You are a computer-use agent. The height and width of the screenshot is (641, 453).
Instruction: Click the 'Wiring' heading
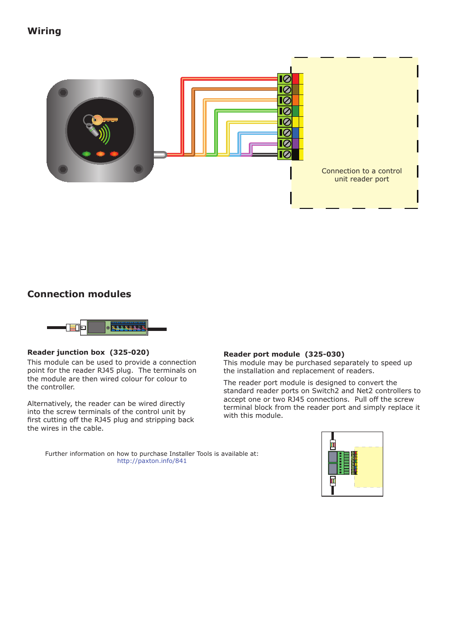click(44, 31)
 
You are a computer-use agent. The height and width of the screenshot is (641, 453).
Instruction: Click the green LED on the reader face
click(86, 154)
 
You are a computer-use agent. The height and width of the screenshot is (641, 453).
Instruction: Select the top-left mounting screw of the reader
click(63, 93)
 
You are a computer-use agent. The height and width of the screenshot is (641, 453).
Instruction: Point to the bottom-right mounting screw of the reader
click(138, 169)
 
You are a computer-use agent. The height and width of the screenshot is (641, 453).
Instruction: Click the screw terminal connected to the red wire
click(286, 79)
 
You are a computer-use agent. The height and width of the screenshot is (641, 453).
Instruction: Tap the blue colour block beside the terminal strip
click(295, 133)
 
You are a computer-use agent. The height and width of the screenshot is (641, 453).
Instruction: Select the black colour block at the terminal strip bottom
click(295, 154)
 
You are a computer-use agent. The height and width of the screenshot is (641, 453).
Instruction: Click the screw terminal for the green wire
click(286, 111)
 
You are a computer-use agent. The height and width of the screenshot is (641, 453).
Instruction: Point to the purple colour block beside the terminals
click(295, 143)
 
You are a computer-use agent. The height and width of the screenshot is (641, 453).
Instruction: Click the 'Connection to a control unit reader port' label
click(361, 175)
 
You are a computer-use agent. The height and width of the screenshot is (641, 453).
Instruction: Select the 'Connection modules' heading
click(79, 294)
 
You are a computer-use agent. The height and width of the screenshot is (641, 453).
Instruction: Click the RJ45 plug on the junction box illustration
click(73, 328)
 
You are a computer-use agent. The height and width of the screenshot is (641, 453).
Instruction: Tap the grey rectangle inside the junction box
click(96, 327)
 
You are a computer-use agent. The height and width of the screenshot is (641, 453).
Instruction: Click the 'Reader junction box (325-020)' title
click(88, 352)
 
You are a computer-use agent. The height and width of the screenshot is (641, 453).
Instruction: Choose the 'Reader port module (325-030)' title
click(284, 354)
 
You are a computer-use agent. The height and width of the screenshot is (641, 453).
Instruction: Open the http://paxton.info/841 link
click(152, 461)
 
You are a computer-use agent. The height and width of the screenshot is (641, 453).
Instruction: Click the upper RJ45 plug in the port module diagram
click(333, 445)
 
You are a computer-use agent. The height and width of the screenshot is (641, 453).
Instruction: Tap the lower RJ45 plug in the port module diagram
click(333, 481)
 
